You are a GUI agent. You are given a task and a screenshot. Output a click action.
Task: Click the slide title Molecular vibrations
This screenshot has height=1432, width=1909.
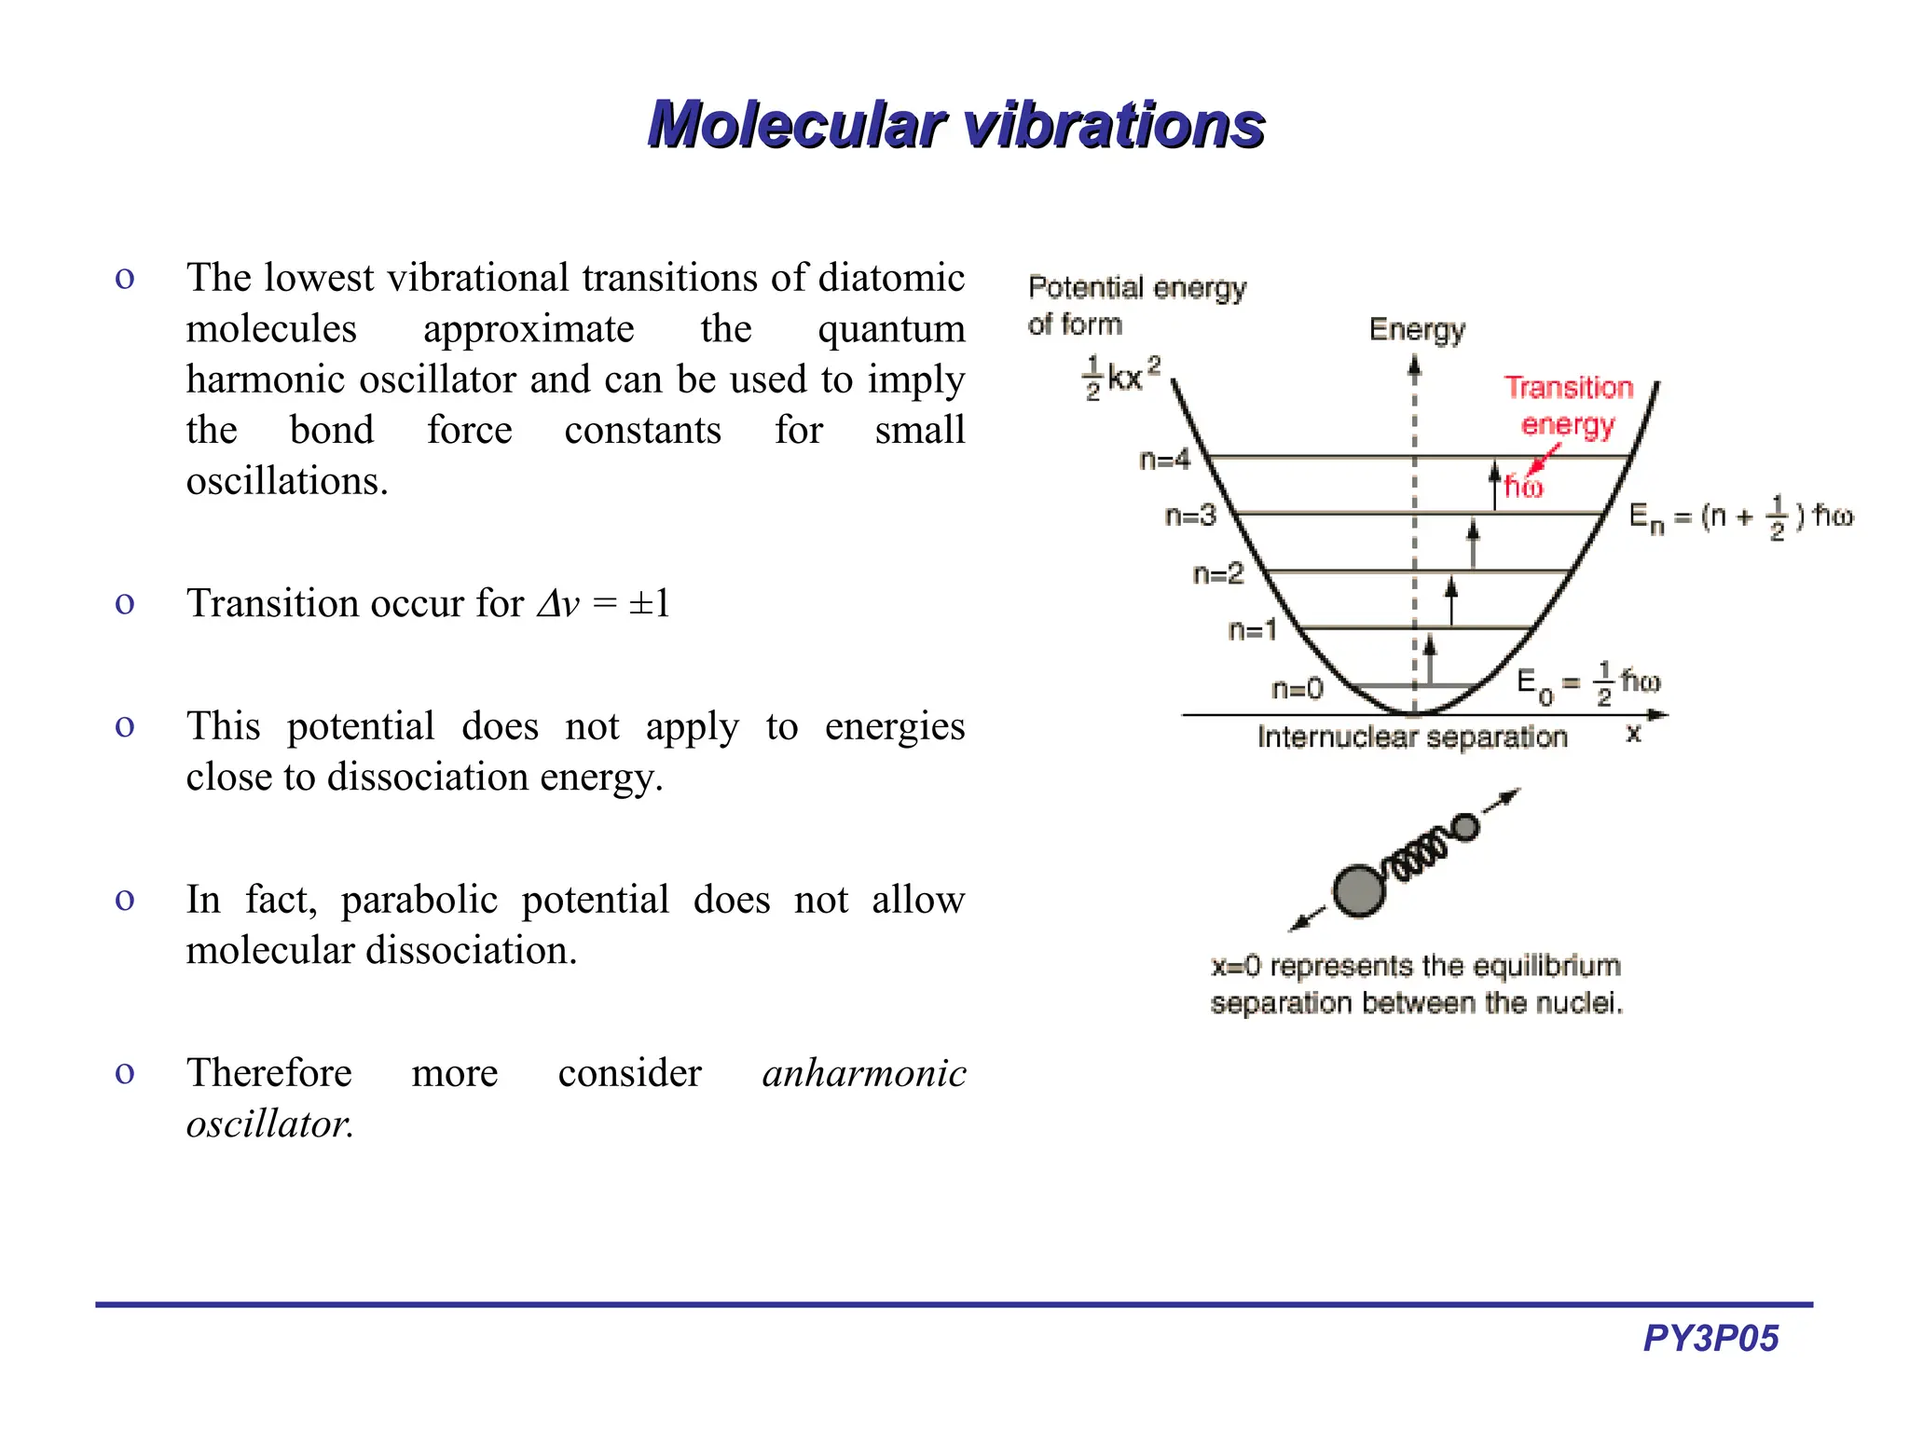click(955, 124)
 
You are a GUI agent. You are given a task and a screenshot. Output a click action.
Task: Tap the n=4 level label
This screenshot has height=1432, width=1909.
click(1164, 460)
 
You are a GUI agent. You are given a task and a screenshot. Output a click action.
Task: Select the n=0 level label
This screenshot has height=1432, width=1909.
click(1297, 689)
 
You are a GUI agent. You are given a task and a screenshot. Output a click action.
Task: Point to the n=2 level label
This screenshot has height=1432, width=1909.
click(1218, 573)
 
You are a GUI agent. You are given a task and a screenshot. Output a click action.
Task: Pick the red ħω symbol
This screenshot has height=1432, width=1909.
click(1523, 487)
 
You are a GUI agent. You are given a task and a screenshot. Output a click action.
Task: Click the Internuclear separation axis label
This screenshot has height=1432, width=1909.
click(1412, 737)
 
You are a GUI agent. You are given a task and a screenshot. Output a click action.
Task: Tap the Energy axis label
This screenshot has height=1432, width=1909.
click(1417, 329)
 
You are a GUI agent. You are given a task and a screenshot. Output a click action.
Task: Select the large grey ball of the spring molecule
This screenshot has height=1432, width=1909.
click(1358, 890)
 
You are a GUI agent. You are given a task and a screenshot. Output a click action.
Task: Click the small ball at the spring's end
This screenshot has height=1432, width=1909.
click(1466, 827)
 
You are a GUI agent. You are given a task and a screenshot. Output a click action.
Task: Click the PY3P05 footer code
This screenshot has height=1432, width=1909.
click(1710, 1338)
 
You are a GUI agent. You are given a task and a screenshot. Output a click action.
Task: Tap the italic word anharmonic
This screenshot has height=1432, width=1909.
click(864, 1073)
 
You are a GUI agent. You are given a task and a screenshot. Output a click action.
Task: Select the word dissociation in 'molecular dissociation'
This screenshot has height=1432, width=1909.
click(472, 950)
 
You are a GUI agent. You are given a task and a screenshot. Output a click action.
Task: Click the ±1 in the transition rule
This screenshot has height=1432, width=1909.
click(650, 603)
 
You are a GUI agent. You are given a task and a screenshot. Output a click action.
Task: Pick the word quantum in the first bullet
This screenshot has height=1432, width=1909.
click(891, 328)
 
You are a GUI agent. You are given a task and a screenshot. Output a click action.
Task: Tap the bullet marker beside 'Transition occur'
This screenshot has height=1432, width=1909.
click(125, 603)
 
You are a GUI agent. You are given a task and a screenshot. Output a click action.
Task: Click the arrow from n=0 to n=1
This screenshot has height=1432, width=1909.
click(1430, 658)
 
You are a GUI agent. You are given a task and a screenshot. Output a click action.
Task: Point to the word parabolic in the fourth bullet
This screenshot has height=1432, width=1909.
click(419, 900)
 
